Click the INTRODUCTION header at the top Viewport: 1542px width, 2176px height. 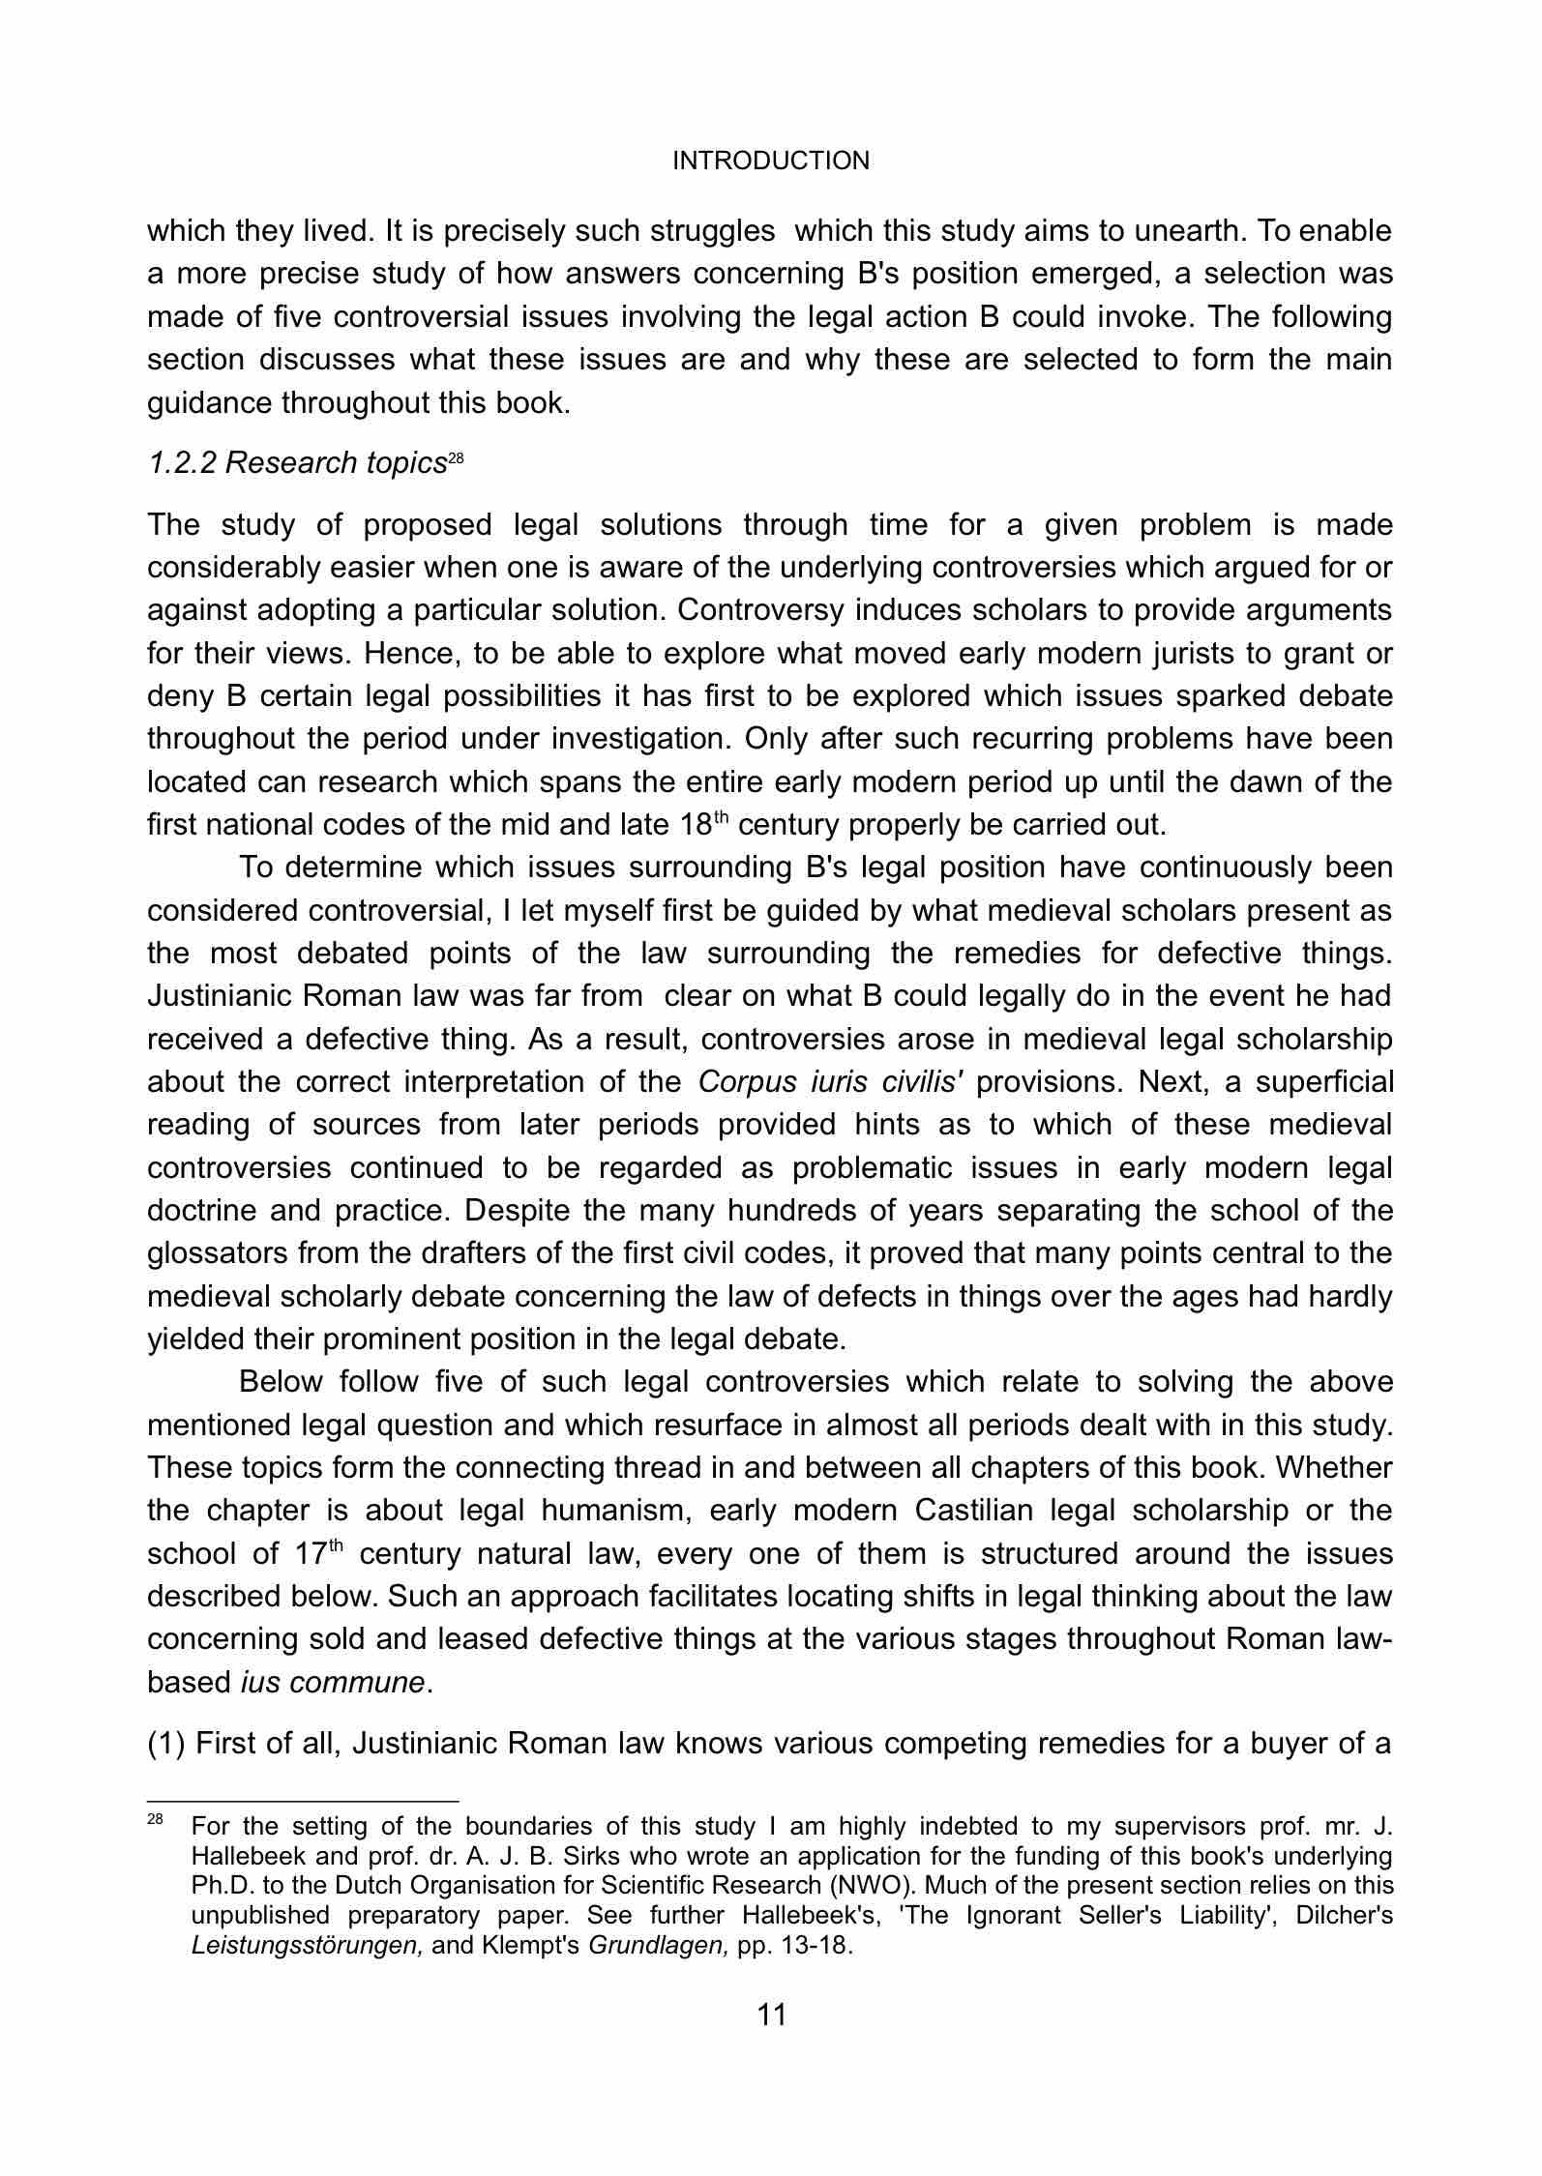(x=771, y=161)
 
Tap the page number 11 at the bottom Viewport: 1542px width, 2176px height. (x=771, y=2014)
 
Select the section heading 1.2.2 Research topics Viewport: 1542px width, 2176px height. (x=297, y=464)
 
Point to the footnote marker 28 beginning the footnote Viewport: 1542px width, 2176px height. (x=155, y=1820)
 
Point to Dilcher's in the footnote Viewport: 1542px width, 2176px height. (x=1338, y=1916)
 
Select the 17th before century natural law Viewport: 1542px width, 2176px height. (x=317, y=1554)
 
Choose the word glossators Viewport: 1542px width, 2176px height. (x=215, y=1254)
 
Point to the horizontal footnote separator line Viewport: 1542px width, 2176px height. (x=302, y=1801)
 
